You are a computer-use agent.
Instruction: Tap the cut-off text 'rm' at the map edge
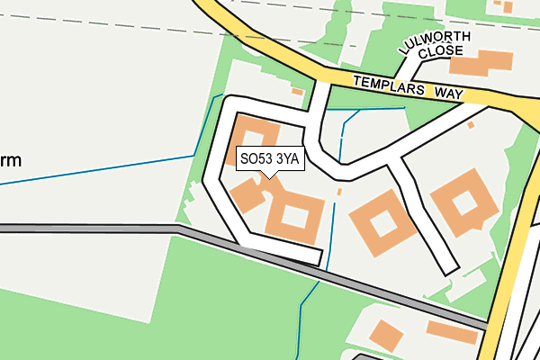(x=11, y=161)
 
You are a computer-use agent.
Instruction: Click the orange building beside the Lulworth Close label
(x=479, y=62)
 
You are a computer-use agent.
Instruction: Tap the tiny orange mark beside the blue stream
(x=339, y=192)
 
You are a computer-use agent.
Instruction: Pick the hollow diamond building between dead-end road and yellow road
(x=463, y=202)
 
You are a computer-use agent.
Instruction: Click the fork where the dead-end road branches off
(x=394, y=159)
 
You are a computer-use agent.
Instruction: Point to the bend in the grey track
(x=180, y=229)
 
